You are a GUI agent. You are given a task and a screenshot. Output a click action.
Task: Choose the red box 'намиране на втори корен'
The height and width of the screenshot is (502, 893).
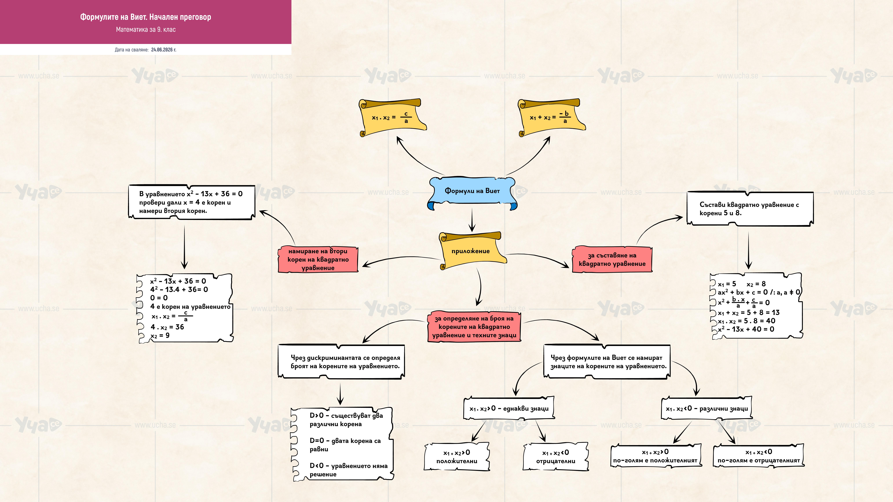[x=318, y=259]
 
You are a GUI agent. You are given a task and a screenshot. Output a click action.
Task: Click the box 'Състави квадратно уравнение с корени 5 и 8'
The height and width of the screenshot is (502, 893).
[x=750, y=209]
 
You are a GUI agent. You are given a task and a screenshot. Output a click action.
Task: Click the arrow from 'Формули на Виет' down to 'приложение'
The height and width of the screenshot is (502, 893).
[x=472, y=220]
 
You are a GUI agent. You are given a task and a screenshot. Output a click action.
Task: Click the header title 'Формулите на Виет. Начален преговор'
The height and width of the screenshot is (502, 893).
[x=146, y=17]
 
